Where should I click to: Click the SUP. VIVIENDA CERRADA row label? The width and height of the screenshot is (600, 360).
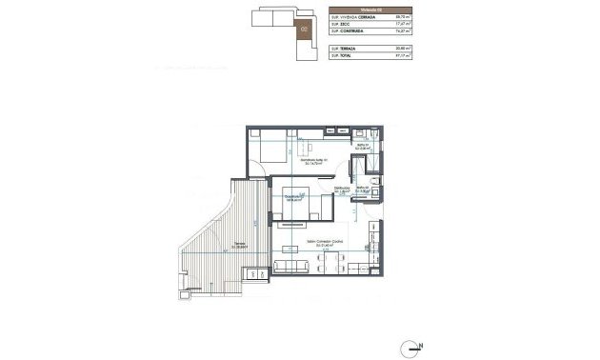pyautogui.click(x=349, y=17)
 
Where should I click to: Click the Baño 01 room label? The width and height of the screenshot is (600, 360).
pyautogui.click(x=363, y=147)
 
